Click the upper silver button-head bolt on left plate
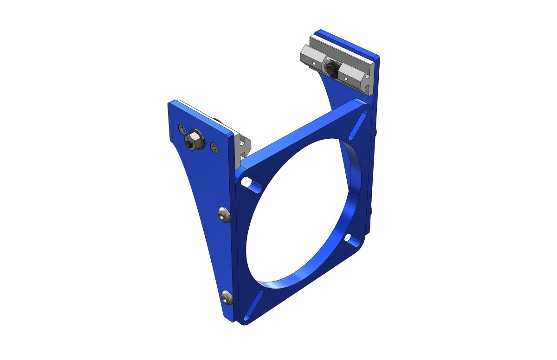(223, 214)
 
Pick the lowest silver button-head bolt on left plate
(227, 297)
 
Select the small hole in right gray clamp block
(347, 78)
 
